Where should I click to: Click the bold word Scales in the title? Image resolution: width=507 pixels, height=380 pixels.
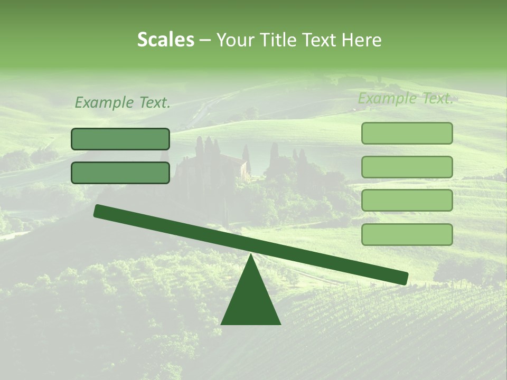pyautogui.click(x=166, y=40)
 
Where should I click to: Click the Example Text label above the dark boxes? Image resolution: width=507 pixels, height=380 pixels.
pyautogui.click(x=123, y=103)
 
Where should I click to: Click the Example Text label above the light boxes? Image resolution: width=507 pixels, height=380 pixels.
pyautogui.click(x=406, y=99)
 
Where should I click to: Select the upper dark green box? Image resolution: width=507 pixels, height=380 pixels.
pyautogui.click(x=120, y=139)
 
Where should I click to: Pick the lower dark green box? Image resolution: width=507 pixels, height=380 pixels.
pyautogui.click(x=120, y=173)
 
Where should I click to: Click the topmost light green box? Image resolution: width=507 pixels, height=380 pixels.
pyautogui.click(x=407, y=133)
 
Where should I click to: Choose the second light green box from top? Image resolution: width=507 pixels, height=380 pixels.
pyautogui.click(x=407, y=167)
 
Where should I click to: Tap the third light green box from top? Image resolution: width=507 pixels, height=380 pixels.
pyautogui.click(x=407, y=201)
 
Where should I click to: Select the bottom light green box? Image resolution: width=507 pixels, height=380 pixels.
pyautogui.click(x=407, y=234)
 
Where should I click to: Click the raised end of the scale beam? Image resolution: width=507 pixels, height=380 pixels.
pyautogui.click(x=98, y=211)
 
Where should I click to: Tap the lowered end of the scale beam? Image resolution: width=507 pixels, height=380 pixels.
pyautogui.click(x=403, y=278)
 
